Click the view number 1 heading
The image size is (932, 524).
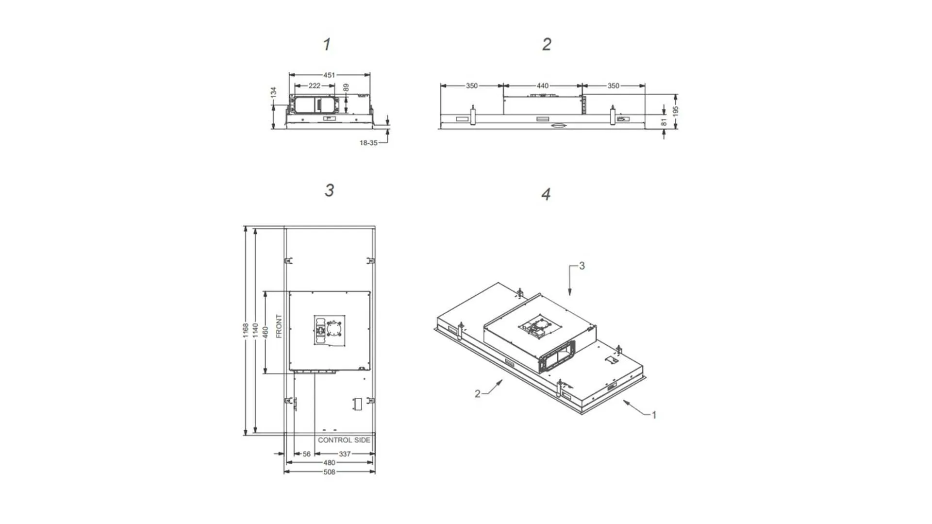[327, 44]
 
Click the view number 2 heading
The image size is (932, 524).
[547, 44]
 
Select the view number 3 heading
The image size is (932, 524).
[329, 190]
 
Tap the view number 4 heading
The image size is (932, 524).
[546, 194]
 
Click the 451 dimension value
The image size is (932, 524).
[329, 75]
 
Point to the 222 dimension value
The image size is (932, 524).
[315, 86]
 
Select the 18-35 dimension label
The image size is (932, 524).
[368, 143]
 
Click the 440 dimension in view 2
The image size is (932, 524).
[542, 86]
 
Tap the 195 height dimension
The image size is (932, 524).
[675, 111]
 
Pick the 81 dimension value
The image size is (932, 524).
[664, 122]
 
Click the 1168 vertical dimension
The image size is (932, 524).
[246, 330]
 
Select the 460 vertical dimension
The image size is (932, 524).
[265, 332]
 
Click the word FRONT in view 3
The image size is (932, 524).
[279, 326]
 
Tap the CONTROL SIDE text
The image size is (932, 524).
[344, 440]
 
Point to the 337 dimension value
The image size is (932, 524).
[345, 454]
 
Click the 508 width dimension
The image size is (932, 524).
[329, 472]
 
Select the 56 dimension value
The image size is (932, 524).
[307, 454]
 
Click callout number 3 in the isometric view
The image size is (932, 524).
[582, 266]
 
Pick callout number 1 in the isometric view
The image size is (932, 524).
[654, 415]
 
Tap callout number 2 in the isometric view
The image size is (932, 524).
[477, 393]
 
